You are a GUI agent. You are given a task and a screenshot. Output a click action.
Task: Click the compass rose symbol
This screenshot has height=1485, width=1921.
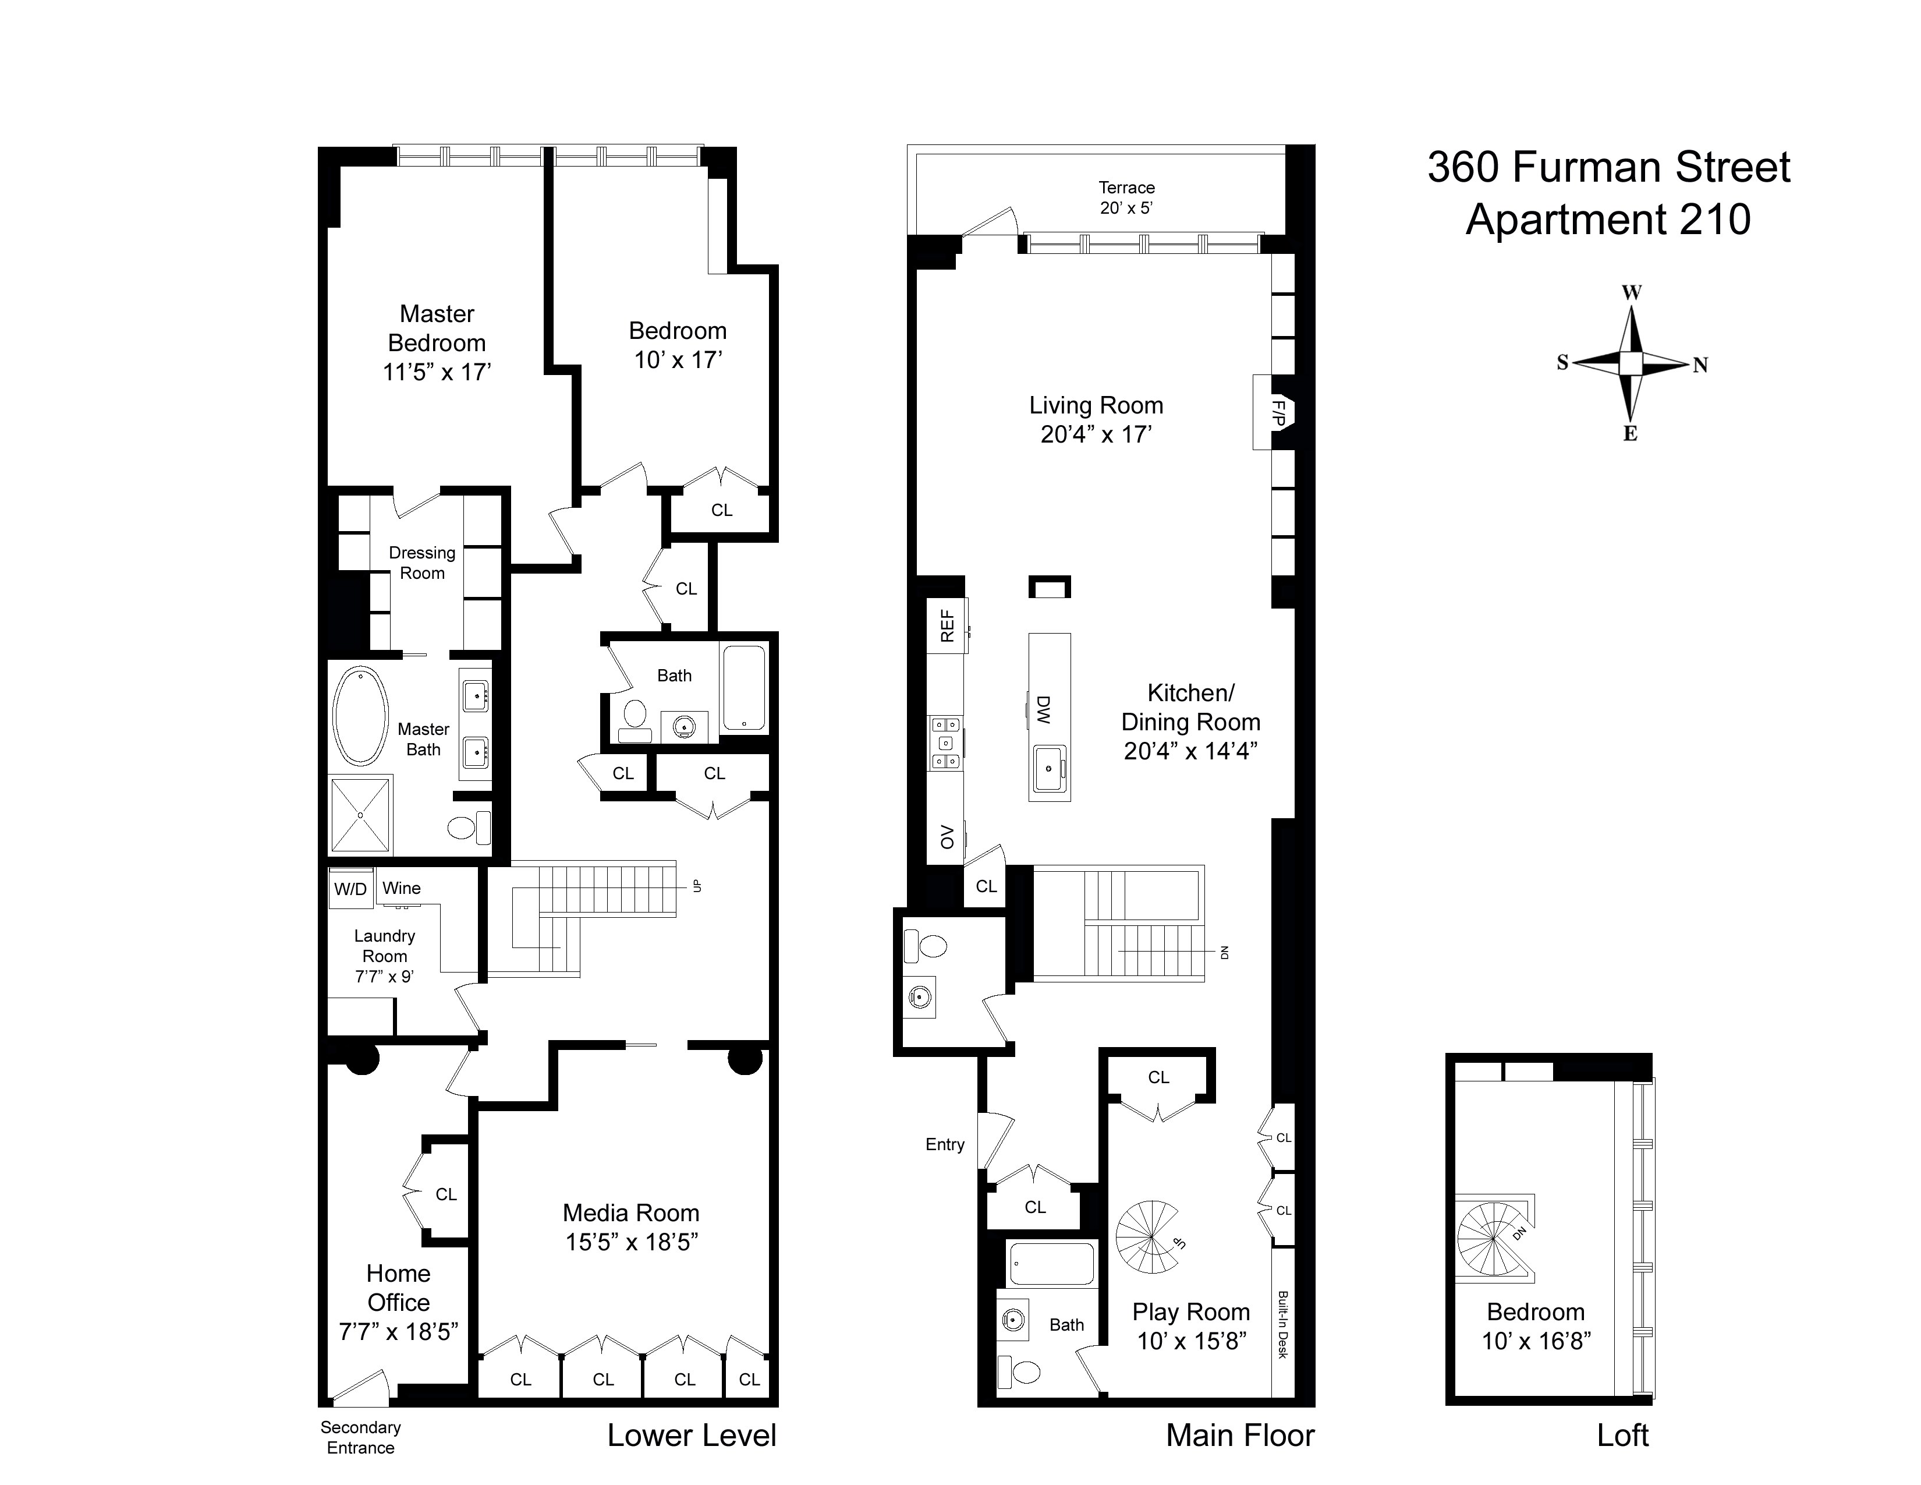(1632, 363)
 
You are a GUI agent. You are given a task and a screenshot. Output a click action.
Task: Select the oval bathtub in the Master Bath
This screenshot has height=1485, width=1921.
(361, 715)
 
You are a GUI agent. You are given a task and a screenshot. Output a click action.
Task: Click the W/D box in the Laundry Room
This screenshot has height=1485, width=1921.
(350, 889)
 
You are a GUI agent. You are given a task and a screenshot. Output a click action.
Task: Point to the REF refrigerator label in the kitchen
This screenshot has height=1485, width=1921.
(947, 625)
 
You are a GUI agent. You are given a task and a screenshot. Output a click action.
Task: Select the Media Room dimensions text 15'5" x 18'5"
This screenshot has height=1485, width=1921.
(632, 1242)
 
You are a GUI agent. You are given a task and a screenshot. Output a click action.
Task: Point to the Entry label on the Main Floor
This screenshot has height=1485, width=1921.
(945, 1144)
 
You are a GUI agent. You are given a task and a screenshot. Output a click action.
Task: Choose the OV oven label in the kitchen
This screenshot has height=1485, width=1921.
(947, 837)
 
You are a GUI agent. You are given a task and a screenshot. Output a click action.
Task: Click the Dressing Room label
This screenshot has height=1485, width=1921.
(422, 563)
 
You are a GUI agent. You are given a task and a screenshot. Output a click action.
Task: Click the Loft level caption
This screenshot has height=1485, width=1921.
(1623, 1435)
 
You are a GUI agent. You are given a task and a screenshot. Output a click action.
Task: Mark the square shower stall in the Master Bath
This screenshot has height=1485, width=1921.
(361, 814)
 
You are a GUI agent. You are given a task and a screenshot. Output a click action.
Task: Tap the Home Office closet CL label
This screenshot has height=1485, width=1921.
(446, 1194)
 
